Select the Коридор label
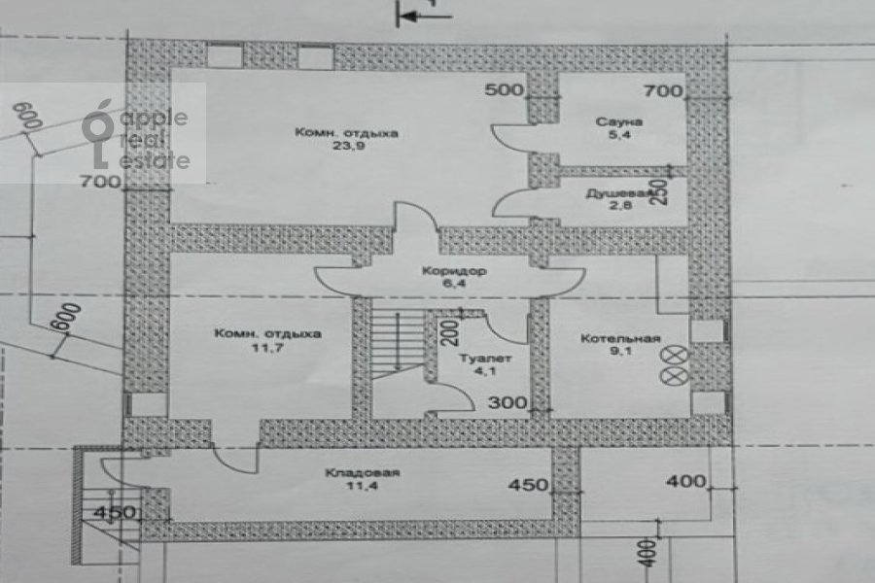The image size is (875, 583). coord(447,271)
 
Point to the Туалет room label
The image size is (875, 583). coord(479,357)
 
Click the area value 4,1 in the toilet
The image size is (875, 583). coord(481,370)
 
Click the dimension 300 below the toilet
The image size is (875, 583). coord(506,401)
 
